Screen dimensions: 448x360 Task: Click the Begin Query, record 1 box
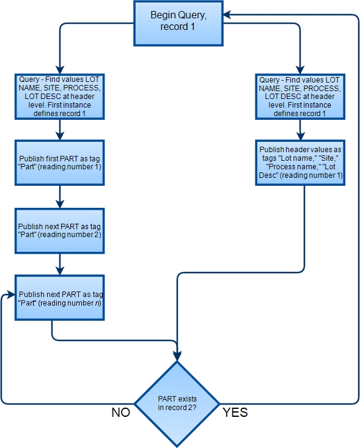[178, 23]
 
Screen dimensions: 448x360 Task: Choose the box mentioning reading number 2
[59, 230]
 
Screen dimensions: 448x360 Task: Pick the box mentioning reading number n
[59, 298]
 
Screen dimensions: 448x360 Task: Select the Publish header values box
[300, 163]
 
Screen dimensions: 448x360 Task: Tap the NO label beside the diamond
[120, 413]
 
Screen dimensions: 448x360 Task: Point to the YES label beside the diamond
[235, 413]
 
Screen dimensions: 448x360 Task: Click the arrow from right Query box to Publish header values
[300, 129]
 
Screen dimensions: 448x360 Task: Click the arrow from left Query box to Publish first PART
[59, 129]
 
